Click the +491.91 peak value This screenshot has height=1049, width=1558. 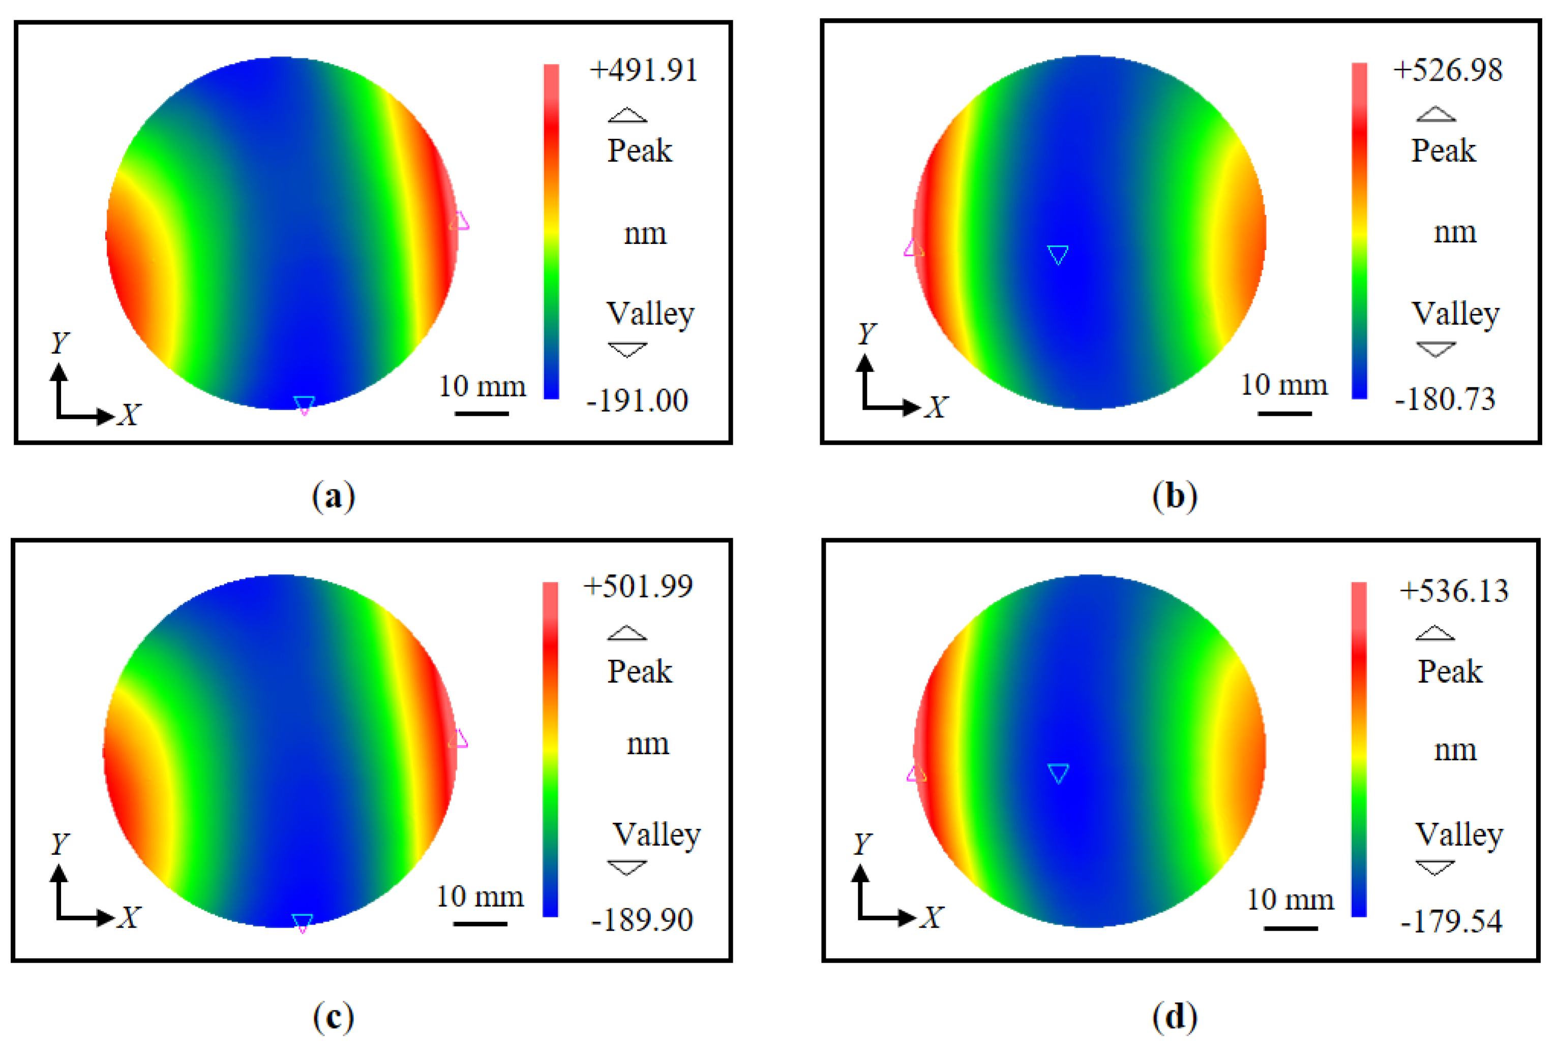click(643, 70)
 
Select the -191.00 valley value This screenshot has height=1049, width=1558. click(637, 400)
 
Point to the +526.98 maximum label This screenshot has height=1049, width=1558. click(1448, 70)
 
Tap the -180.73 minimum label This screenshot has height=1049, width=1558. click(1445, 399)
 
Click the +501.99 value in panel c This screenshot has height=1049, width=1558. click(638, 586)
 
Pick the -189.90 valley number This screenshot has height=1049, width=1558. click(642, 920)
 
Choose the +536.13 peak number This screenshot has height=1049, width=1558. click(1454, 591)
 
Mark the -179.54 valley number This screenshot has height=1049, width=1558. click(1451, 921)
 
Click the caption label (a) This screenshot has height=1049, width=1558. click(333, 497)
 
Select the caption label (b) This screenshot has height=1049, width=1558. click(1175, 497)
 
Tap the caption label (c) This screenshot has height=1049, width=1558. click(333, 1017)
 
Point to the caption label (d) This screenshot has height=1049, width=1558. click(1175, 1017)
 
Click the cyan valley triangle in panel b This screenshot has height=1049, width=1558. click(1058, 254)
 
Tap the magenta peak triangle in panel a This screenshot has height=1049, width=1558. click(459, 222)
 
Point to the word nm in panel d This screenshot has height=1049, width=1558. click(1455, 750)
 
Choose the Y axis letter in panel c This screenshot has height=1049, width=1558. click(60, 844)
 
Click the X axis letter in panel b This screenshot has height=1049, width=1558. click(936, 407)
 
